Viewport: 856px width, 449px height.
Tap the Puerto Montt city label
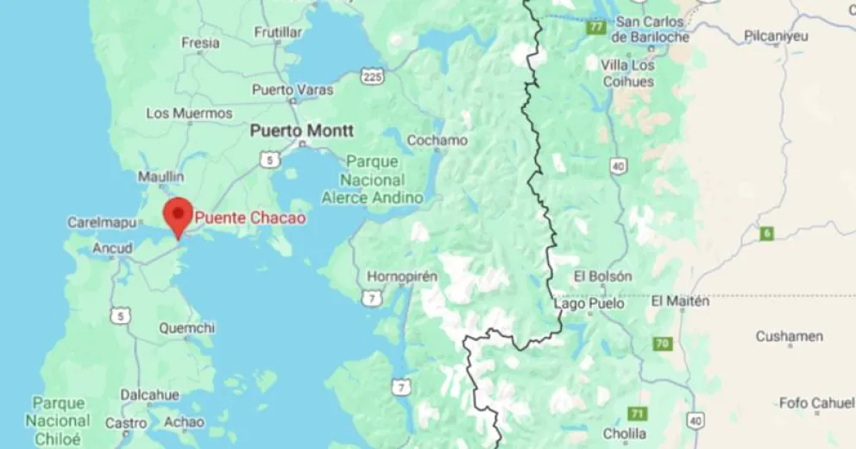[x=300, y=130]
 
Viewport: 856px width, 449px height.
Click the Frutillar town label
[x=278, y=32]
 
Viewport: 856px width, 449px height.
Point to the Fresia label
[x=200, y=42]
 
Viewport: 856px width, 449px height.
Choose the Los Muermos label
[x=189, y=113]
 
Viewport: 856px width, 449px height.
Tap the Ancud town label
[x=112, y=249]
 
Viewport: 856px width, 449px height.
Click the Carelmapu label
[x=103, y=223]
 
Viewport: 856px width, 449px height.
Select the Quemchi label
[x=187, y=328]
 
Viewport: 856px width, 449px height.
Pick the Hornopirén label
[x=403, y=276]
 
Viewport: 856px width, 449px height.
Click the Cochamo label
[x=437, y=140]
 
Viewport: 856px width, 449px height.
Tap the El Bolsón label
[x=603, y=276]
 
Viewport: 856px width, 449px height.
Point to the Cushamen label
[x=789, y=336]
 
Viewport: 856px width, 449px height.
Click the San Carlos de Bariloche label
[x=651, y=29]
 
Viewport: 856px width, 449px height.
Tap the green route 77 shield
[x=595, y=28]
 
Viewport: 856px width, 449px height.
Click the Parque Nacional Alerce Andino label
[x=373, y=180]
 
